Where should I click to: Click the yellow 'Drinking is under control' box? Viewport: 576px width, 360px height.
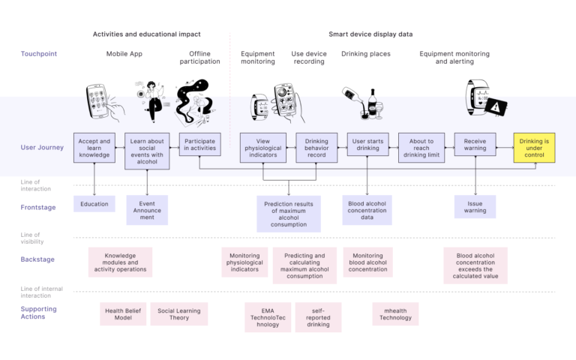534,148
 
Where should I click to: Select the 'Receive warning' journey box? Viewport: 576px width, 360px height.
475,148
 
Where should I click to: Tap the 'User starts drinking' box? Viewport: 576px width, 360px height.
367,148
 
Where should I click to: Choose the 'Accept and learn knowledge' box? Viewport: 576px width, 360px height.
94,148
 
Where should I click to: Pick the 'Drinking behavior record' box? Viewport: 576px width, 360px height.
316,148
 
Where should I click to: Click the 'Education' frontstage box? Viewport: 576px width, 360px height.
94,204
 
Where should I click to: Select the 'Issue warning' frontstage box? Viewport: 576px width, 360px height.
475,207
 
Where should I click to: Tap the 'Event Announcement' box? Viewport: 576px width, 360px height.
147,211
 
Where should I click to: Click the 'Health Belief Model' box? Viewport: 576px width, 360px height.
122,313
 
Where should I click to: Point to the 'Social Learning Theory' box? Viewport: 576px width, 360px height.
178,313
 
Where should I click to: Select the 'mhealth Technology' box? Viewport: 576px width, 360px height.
395,313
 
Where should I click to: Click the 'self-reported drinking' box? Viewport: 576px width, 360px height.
318,317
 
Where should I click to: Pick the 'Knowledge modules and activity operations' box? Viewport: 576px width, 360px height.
120,262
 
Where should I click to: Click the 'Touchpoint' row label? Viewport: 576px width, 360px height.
38,54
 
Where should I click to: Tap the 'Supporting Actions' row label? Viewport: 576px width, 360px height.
38,313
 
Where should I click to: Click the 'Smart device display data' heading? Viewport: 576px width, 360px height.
370,34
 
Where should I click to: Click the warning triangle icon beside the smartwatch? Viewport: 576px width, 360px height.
496,106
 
